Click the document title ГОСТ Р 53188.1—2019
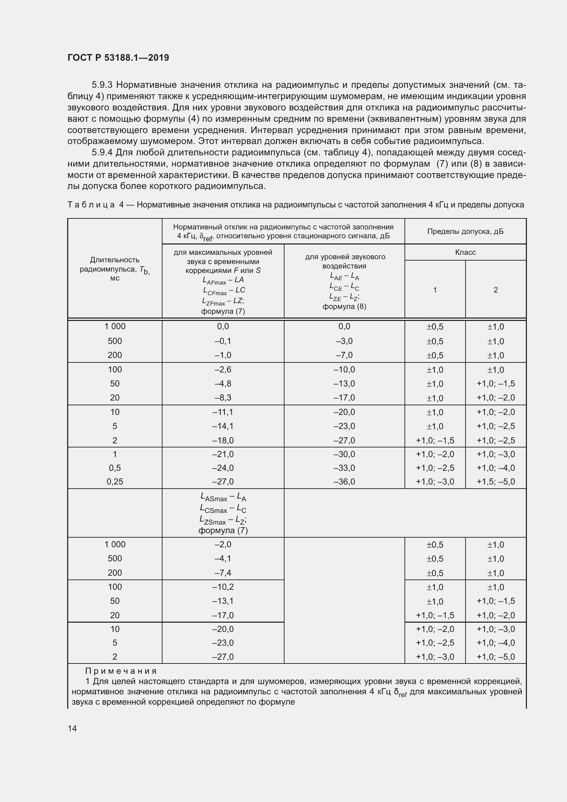point(118,58)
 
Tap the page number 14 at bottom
point(72,728)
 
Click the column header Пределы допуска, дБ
point(465,231)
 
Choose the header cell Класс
point(465,252)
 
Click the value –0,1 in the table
point(223,341)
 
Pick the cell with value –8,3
point(223,397)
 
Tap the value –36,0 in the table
point(344,481)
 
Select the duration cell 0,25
point(114,481)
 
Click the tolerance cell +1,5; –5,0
point(495,482)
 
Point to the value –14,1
point(223,426)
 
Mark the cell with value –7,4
point(223,573)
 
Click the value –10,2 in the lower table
point(223,587)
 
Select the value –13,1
point(223,601)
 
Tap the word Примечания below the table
point(121,671)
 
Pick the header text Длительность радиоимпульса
point(114,264)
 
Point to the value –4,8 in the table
point(223,384)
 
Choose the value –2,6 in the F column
point(223,370)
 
